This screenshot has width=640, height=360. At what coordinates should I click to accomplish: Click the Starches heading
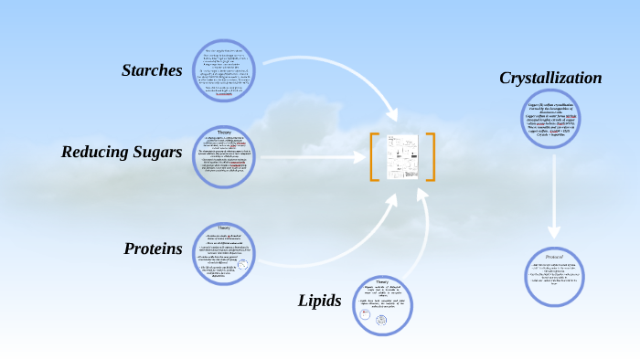(x=152, y=70)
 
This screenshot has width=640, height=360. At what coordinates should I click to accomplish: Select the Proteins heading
(x=153, y=249)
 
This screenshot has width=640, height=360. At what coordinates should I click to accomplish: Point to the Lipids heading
(x=319, y=301)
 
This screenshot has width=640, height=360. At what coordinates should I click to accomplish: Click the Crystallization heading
(x=550, y=79)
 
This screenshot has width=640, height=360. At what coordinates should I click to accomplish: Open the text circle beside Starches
(x=224, y=70)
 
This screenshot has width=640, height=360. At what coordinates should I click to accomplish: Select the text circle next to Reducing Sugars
(x=224, y=154)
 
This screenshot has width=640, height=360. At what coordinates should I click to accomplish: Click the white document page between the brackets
(x=402, y=156)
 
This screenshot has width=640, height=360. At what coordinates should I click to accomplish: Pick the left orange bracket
(x=374, y=156)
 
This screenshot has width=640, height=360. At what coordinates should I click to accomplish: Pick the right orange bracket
(x=430, y=156)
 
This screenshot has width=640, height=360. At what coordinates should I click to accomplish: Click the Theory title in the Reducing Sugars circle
(x=224, y=131)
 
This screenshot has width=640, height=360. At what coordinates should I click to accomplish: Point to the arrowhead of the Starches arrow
(x=396, y=117)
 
